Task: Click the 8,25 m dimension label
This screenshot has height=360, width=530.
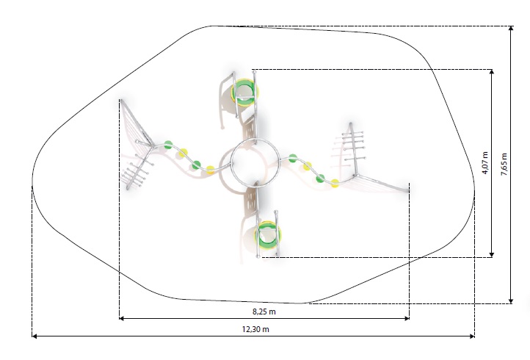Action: coord(264,312)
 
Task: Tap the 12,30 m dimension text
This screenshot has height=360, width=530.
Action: coord(256,329)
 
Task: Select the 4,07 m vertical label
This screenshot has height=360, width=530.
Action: coord(485,163)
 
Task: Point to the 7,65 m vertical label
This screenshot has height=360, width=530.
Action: coord(504,165)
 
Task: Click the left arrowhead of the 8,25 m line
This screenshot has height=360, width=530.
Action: coord(121,318)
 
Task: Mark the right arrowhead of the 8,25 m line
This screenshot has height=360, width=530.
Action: coord(407,318)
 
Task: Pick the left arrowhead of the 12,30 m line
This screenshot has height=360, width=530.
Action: coord(35,336)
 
